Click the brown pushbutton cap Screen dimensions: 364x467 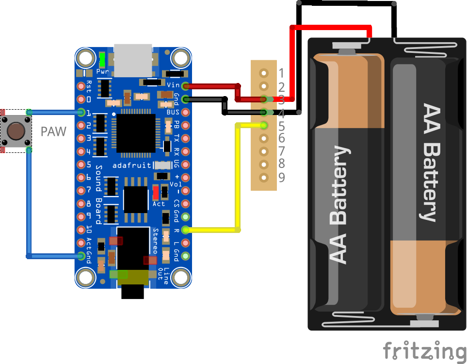[16, 131]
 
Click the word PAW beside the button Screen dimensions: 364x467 [53, 132]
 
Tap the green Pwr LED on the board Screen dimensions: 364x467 [102, 60]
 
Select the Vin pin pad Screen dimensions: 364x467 [185, 86]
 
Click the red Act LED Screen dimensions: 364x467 [156, 193]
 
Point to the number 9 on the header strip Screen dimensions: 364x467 [282, 177]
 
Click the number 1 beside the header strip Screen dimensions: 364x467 [282, 73]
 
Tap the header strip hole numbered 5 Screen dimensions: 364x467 [264, 126]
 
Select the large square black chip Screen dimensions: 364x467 [136, 132]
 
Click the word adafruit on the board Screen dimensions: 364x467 [131, 165]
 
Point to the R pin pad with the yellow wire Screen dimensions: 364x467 [185, 230]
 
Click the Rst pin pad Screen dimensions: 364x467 [81, 86]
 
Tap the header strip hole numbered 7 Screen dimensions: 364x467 [264, 151]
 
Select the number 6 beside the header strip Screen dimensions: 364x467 [282, 138]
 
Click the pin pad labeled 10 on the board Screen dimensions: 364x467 [81, 230]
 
